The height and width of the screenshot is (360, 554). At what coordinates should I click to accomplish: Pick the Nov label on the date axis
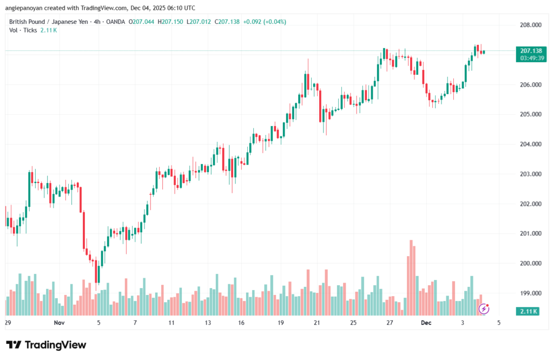click(x=60, y=323)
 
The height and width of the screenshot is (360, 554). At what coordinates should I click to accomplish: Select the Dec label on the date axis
click(x=426, y=323)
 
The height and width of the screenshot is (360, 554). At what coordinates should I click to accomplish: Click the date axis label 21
click(x=316, y=323)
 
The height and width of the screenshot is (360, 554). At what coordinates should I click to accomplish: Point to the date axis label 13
click(x=207, y=323)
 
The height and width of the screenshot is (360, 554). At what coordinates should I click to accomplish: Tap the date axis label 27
click(x=390, y=323)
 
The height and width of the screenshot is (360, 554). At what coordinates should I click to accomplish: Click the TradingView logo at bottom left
click(x=46, y=345)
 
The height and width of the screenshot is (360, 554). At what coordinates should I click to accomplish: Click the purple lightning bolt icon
click(x=484, y=309)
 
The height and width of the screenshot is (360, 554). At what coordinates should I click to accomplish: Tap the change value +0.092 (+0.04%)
click(x=265, y=22)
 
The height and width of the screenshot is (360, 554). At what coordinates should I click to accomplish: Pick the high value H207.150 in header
click(x=173, y=22)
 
